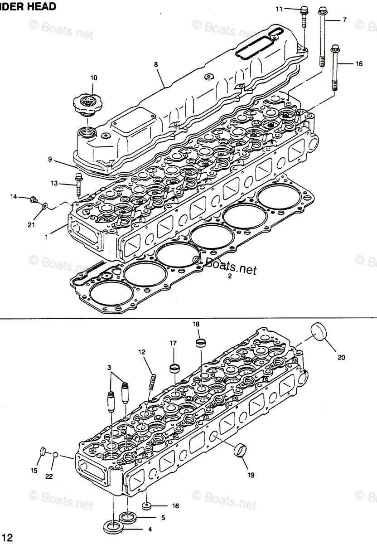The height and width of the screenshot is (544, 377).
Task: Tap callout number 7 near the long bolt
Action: point(344,20)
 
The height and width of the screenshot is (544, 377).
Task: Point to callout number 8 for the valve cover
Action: point(155,64)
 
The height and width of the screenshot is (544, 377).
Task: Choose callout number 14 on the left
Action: point(14,197)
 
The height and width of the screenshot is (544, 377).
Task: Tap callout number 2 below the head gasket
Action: point(230,276)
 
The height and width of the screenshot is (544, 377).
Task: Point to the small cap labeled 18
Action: point(200,341)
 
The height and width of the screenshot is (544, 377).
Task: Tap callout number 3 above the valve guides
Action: point(109,366)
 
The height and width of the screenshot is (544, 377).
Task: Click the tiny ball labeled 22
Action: point(55,454)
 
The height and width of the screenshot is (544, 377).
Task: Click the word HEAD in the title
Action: point(44,6)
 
